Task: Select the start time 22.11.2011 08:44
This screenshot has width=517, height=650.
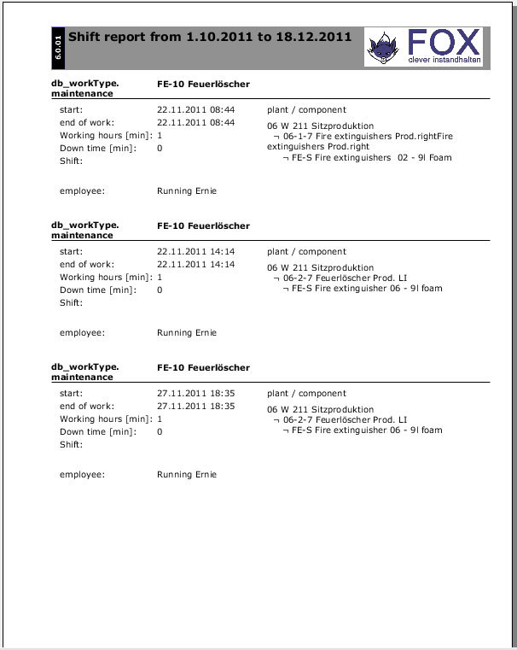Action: pyautogui.click(x=195, y=110)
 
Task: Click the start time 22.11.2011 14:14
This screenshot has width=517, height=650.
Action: pyautogui.click(x=195, y=252)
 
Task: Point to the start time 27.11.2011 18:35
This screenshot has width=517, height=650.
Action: pyautogui.click(x=195, y=394)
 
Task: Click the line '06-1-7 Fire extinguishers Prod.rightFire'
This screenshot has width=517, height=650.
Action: pyautogui.click(x=357, y=136)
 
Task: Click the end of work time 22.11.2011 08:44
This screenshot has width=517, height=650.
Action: pyautogui.click(x=195, y=123)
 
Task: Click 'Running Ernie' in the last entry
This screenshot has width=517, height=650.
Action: pyautogui.click(x=187, y=475)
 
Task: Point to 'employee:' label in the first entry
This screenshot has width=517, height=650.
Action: pyautogui.click(x=82, y=191)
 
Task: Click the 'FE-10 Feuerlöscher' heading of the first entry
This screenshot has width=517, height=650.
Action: pyautogui.click(x=203, y=85)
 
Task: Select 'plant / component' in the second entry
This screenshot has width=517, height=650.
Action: pyautogui.click(x=306, y=252)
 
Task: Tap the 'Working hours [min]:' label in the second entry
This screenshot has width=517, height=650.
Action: pyautogui.click(x=106, y=278)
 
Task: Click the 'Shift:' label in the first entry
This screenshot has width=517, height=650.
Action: pyautogui.click(x=71, y=161)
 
